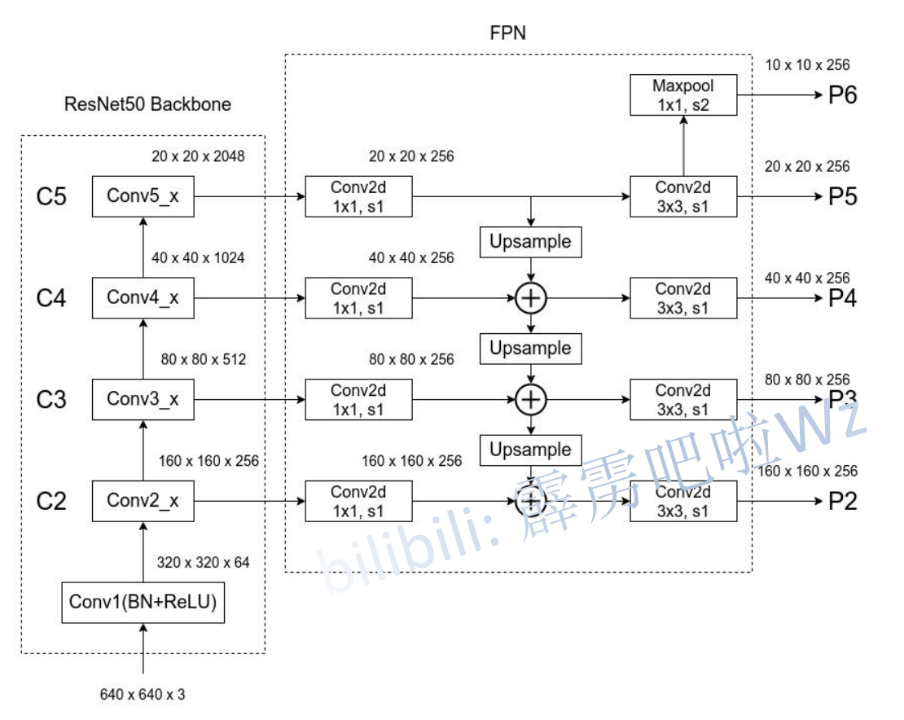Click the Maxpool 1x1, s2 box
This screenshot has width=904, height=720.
coord(683,94)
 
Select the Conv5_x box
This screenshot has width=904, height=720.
coord(143,196)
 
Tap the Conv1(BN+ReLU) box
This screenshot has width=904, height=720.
coord(143,603)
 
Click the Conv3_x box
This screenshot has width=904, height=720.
coord(143,400)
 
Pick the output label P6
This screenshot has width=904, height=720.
coord(843,95)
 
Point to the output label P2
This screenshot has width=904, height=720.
coord(843,501)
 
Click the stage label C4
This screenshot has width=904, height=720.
coord(51,299)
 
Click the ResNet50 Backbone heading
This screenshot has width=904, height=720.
coord(147,104)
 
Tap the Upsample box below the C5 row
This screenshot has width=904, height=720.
coord(531,242)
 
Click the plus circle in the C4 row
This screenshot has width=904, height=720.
coord(531,299)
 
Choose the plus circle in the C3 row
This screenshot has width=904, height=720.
coord(531,400)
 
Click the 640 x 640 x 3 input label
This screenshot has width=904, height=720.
coord(143,695)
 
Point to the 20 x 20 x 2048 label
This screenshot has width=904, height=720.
coord(198,156)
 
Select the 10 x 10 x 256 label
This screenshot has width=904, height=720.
coord(807,65)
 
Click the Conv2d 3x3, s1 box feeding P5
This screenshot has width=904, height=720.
coord(683,196)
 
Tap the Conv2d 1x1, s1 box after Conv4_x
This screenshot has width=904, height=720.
coord(358,298)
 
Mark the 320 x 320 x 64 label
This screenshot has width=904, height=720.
coord(203,562)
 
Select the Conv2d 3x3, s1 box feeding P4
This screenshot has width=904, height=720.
coord(683,298)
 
